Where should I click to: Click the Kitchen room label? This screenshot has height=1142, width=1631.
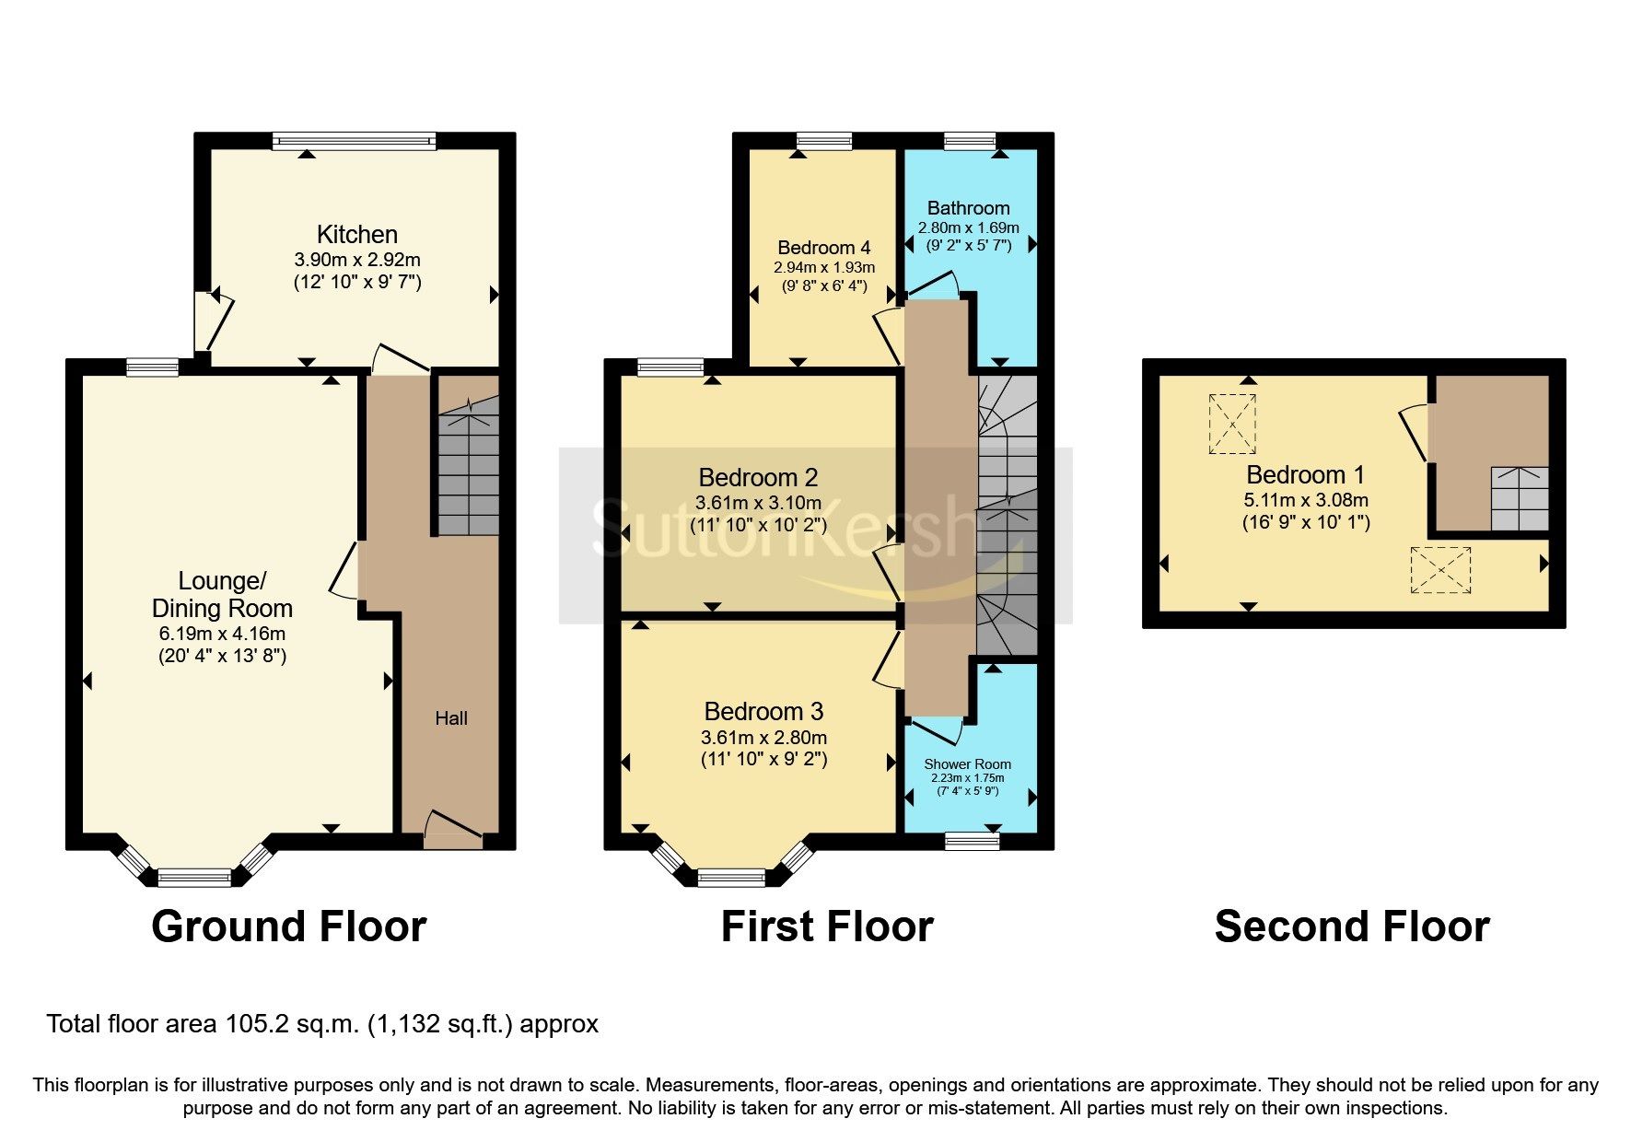(356, 234)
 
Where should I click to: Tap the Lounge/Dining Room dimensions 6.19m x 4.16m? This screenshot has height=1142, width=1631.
(222, 634)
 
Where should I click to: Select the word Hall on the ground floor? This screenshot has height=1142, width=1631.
(451, 718)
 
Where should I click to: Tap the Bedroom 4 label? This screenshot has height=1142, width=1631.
(823, 248)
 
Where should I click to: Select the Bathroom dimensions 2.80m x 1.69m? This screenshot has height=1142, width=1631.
(968, 227)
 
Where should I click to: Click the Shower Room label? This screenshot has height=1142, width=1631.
(967, 763)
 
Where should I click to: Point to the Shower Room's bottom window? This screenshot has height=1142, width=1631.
(973, 840)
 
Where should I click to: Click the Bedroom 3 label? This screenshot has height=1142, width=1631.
(763, 711)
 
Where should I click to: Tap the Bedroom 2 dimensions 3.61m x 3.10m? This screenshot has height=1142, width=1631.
(758, 503)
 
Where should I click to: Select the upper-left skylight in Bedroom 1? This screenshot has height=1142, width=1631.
(1232, 424)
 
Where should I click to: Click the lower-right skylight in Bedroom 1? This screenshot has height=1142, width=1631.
(1440, 569)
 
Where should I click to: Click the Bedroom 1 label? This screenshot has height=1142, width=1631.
(1305, 475)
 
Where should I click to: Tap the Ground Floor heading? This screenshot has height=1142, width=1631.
(288, 926)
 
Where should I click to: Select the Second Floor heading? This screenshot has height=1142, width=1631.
(1351, 926)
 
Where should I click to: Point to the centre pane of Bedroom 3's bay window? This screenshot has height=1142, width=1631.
(731, 878)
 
